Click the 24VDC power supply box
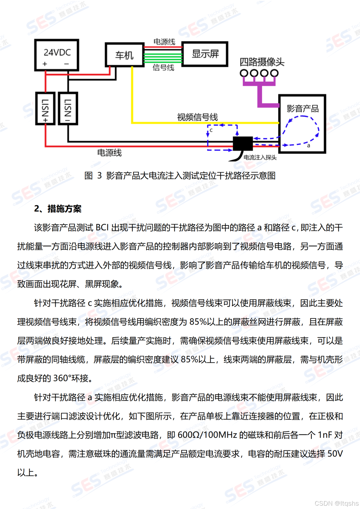click(57, 55)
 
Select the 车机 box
click(124, 55)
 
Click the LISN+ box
click(45, 109)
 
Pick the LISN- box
click(68, 109)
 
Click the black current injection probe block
click(243, 144)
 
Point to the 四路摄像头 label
click(262, 62)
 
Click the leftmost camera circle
click(244, 73)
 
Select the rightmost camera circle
click(274, 73)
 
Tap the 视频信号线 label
click(197, 117)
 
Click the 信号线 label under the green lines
click(163, 68)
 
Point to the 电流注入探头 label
click(260, 158)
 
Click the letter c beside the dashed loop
click(211, 130)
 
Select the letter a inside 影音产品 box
click(309, 146)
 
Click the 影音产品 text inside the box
click(303, 109)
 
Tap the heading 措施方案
click(64, 209)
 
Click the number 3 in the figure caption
click(99, 176)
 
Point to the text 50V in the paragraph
click(335, 454)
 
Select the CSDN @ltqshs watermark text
click(336, 503)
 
